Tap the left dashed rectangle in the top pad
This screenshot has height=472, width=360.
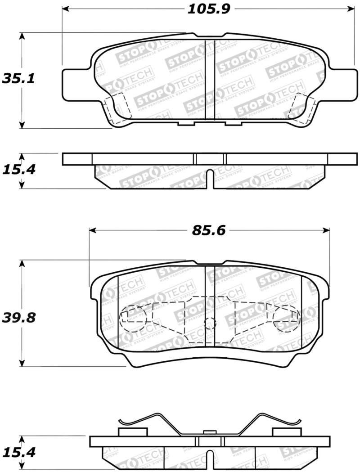click(116, 108)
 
